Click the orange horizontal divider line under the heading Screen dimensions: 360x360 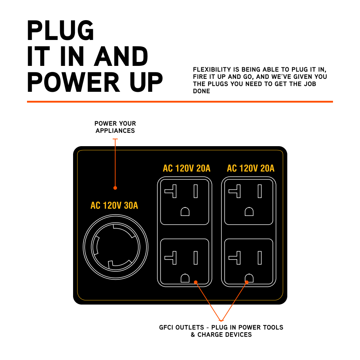[180, 102]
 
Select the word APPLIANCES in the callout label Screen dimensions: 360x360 [115, 131]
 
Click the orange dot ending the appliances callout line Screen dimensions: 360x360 [115, 188]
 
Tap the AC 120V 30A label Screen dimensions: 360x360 [114, 206]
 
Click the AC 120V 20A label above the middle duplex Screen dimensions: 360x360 [186, 168]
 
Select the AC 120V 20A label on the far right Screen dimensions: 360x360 [251, 168]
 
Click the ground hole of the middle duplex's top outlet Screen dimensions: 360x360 [185, 212]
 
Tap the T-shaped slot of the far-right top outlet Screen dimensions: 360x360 [235, 191]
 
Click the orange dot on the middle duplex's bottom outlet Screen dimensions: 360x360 [195, 282]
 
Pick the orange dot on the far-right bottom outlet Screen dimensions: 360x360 [247, 282]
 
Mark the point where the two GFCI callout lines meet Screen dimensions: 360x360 [221, 320]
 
